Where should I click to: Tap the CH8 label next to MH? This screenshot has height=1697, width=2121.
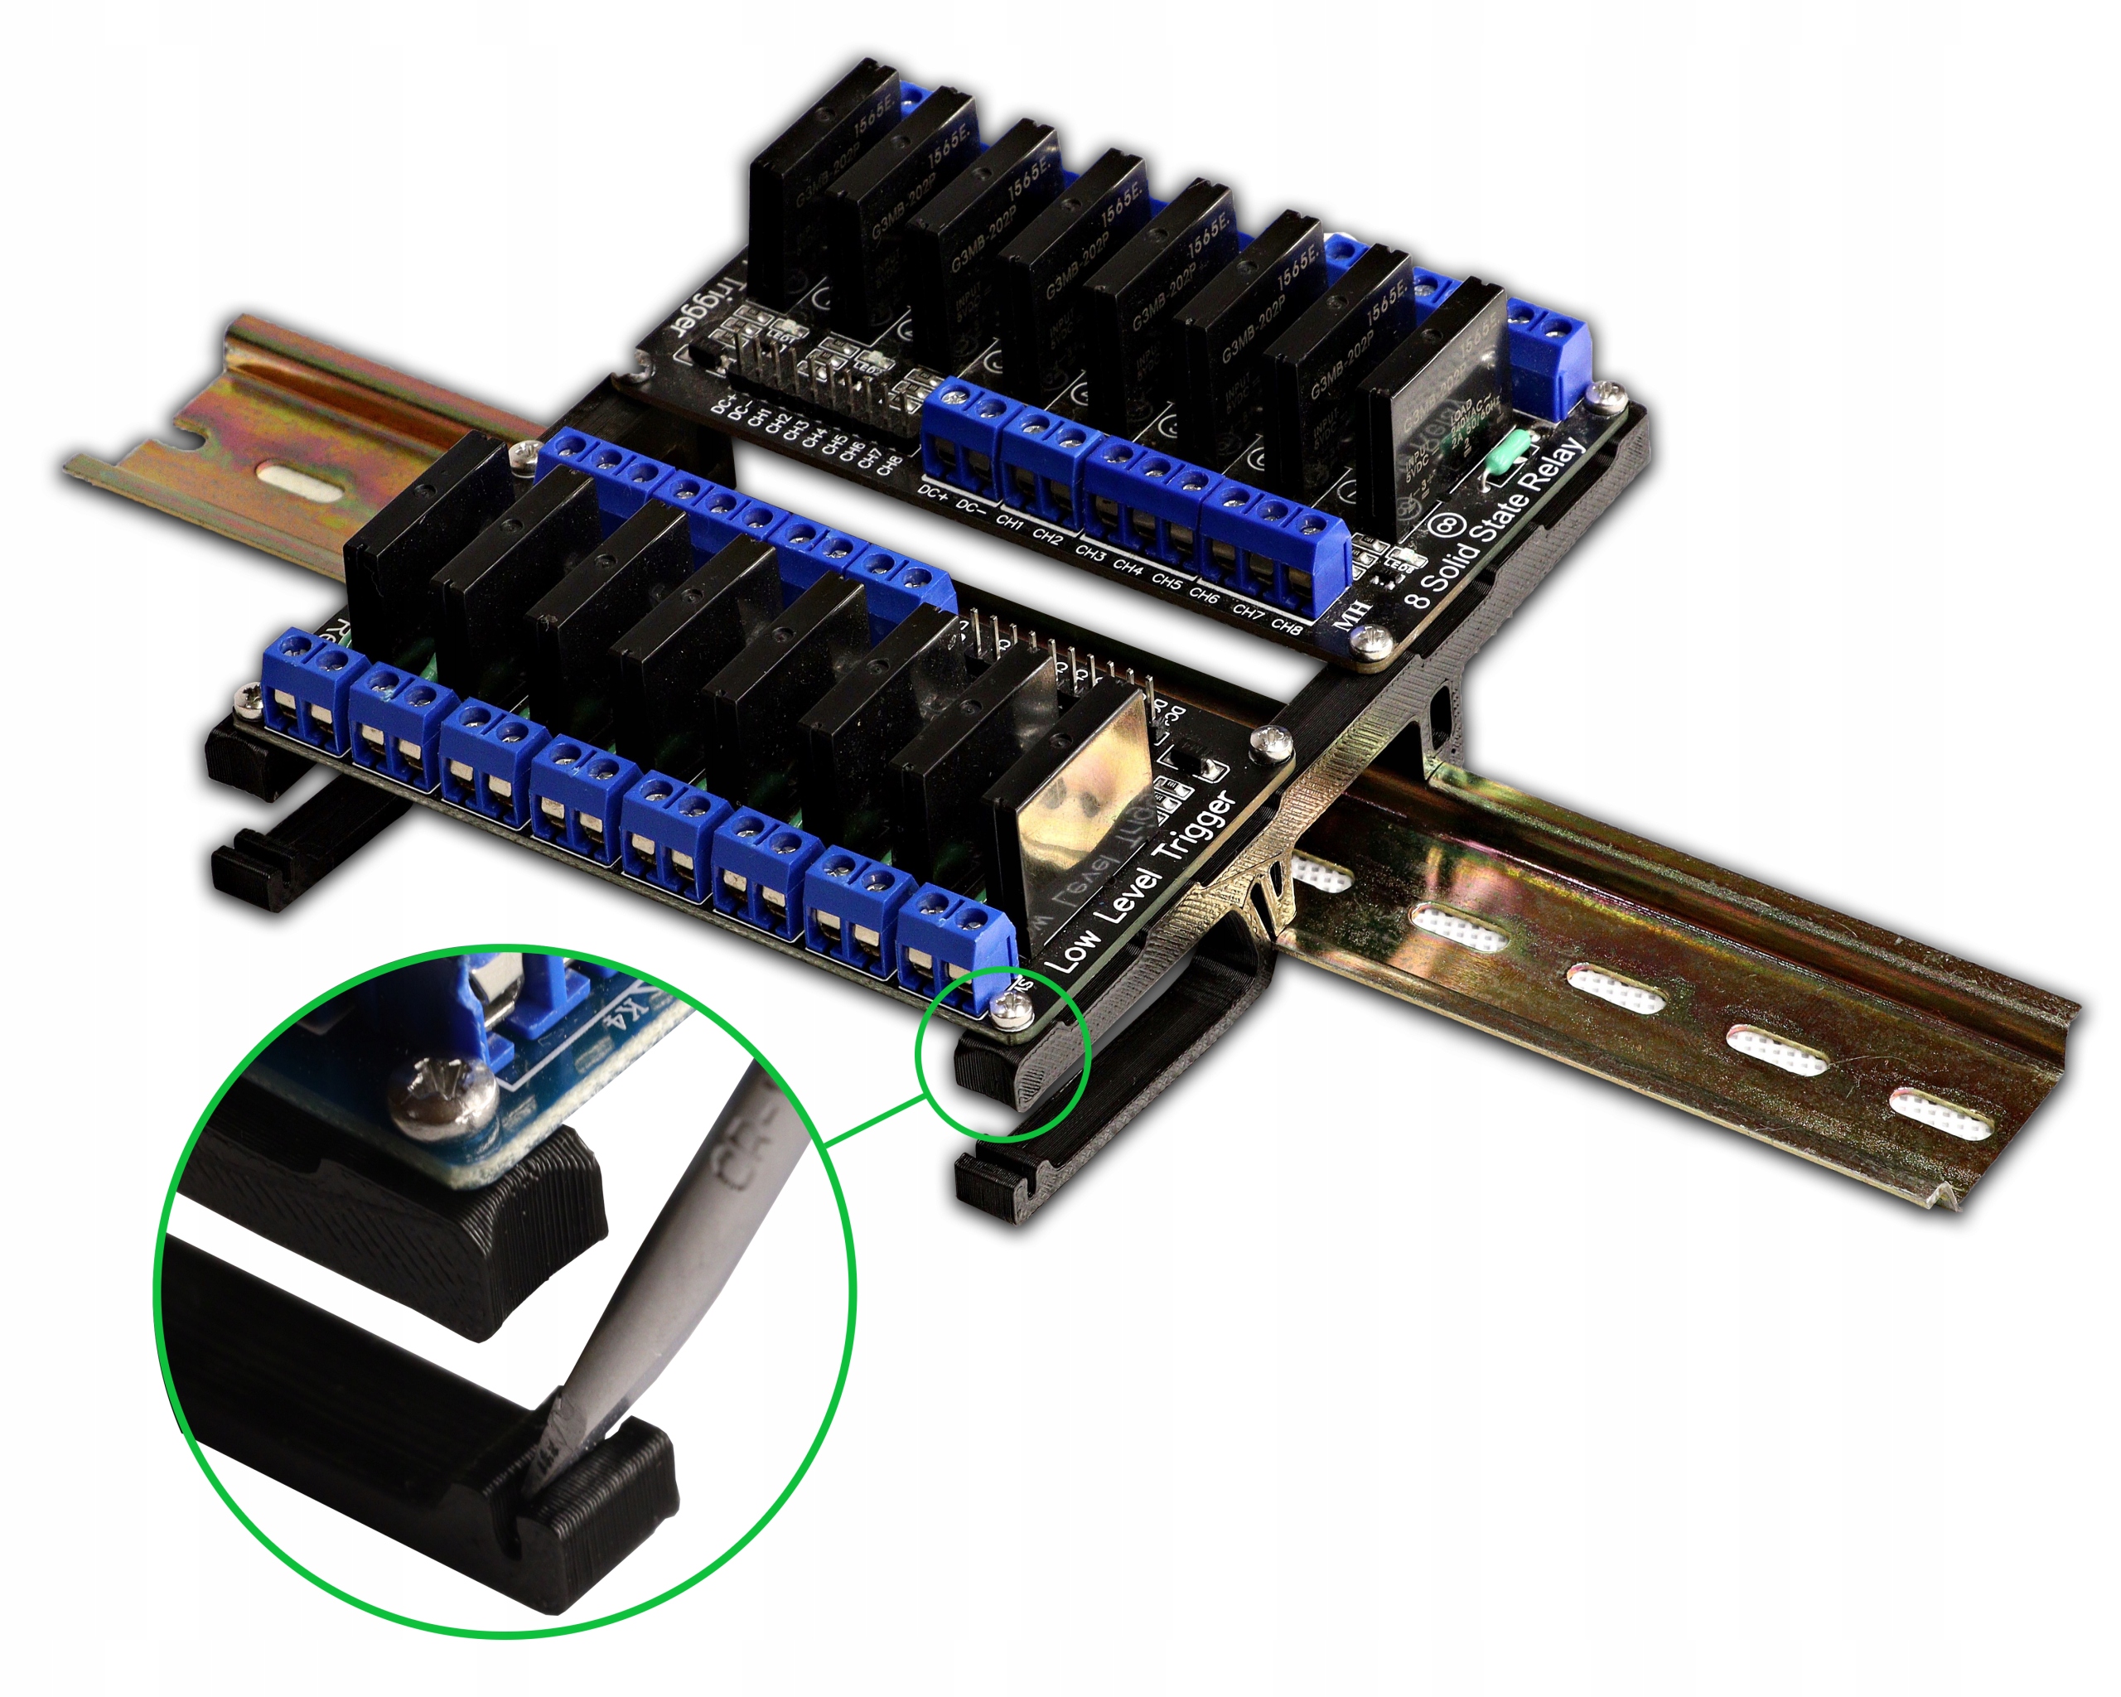pyautogui.click(x=1287, y=626)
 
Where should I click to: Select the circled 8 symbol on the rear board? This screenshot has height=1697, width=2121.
pyautogui.click(x=1446, y=522)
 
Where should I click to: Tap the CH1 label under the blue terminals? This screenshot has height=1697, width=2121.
pyautogui.click(x=1009, y=522)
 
